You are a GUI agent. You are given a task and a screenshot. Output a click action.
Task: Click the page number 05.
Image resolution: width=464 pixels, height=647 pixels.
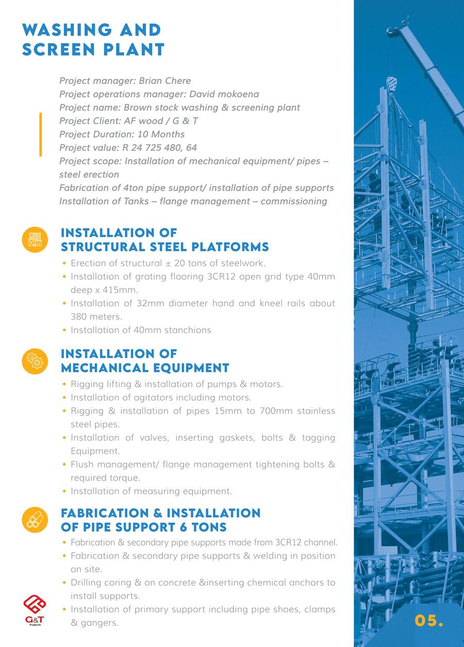pos(428,620)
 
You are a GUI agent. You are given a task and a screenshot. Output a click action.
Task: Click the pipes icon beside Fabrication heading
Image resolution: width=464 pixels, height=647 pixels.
pos(35,519)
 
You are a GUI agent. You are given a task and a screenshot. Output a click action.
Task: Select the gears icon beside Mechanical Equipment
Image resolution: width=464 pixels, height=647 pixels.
pos(35,360)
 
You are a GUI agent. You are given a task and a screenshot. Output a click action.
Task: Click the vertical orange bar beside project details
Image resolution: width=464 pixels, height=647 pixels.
pos(40,134)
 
